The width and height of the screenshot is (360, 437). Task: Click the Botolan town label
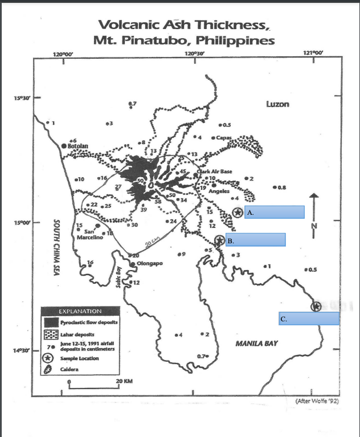coord(78,146)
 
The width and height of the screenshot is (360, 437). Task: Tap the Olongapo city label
coord(150,264)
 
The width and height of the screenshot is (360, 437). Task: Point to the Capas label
coord(224,137)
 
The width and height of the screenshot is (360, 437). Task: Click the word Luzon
coord(277,104)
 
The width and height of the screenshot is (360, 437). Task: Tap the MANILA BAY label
coord(256,344)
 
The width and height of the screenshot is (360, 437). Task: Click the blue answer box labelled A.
coord(274,213)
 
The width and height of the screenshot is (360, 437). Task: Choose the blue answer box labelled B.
coord(255,240)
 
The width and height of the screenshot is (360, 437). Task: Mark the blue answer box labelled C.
coord(309,318)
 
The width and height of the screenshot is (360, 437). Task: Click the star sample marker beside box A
coord(238,213)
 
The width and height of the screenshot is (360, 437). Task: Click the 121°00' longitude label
coord(313,53)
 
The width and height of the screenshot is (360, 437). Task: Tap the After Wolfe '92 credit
coord(317,401)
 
